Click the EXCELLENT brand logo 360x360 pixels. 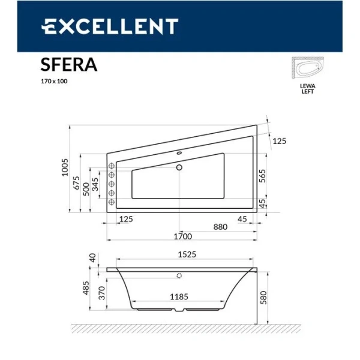coord(109,26)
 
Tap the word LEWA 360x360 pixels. coord(307,86)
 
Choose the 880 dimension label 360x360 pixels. coord(220,227)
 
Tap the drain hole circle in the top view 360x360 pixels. coord(179,168)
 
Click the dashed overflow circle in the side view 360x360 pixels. coord(178,277)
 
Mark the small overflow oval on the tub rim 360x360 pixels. coord(179,152)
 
